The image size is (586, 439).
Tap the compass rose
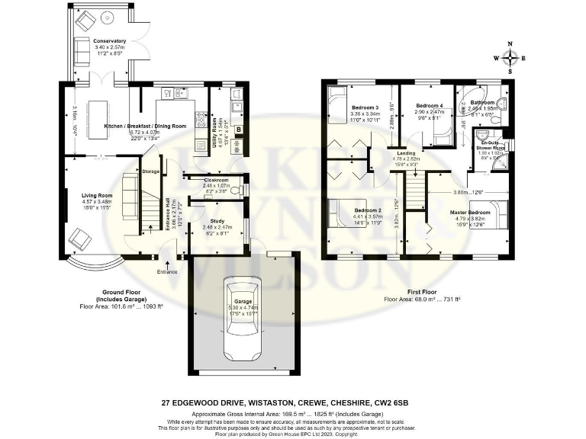512,56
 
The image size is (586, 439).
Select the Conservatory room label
110,41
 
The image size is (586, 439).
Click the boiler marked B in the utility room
239,130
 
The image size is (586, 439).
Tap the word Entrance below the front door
167,271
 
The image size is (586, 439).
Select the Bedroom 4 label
430,106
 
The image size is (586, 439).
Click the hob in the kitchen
201,120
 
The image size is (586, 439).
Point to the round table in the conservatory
89,20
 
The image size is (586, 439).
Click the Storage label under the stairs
150,171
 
